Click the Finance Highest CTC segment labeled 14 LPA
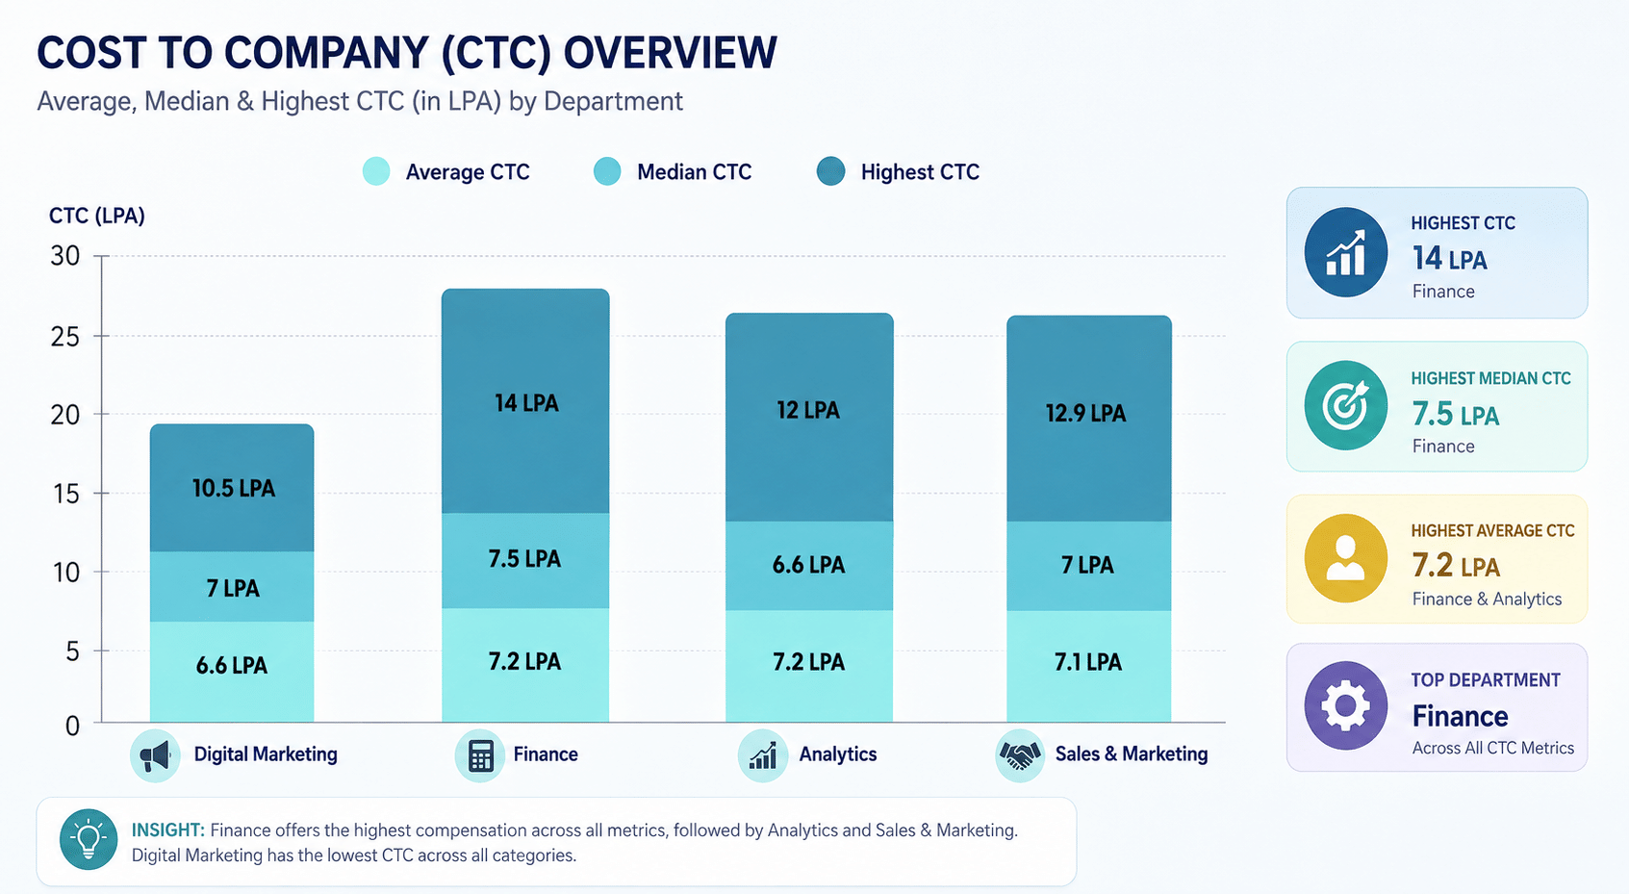pyautogui.click(x=525, y=401)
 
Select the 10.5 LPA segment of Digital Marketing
pyautogui.click(x=232, y=487)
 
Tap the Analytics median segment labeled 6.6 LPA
pyautogui.click(x=809, y=565)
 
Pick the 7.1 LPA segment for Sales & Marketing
pyautogui.click(x=1088, y=666)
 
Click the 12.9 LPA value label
pyautogui.click(x=1085, y=413)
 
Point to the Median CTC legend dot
pyautogui.click(x=607, y=171)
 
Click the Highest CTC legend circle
pyautogui.click(x=830, y=171)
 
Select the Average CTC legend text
pyautogui.click(x=468, y=172)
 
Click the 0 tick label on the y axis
pyautogui.click(x=72, y=726)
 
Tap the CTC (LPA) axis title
pyautogui.click(x=97, y=217)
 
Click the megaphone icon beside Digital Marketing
pyautogui.click(x=155, y=755)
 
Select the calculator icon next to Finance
pyautogui.click(x=480, y=755)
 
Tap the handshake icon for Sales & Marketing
pyautogui.click(x=1020, y=755)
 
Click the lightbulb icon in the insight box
pyautogui.click(x=89, y=839)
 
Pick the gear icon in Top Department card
pyautogui.click(x=1345, y=705)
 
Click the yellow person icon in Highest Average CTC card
pyautogui.click(x=1345, y=559)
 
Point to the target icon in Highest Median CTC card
pyautogui.click(x=1345, y=405)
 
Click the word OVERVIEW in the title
pyautogui.click(x=670, y=53)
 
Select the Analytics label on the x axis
pyautogui.click(x=838, y=754)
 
